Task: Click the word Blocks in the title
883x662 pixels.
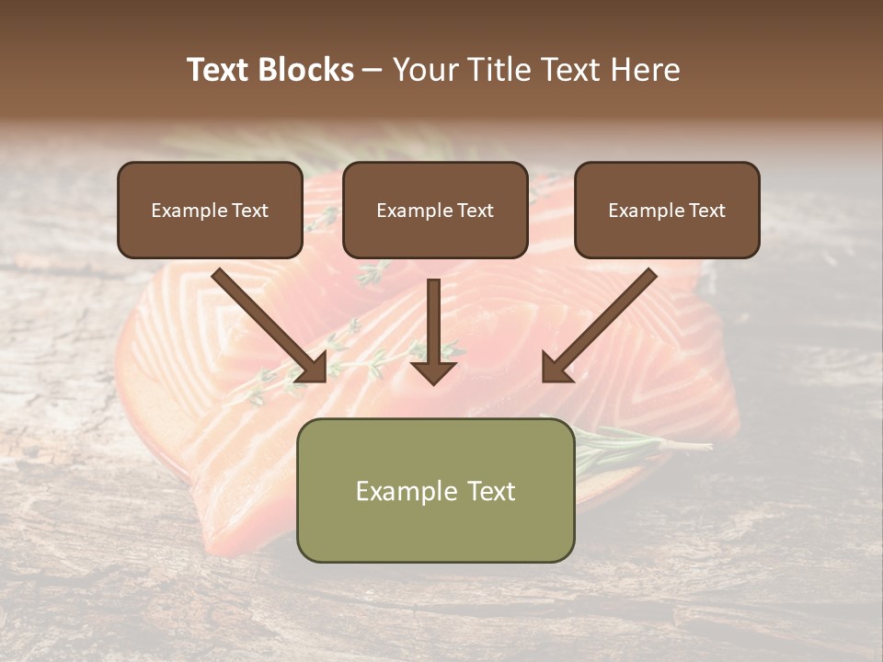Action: [306, 70]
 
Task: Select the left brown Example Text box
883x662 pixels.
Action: [210, 211]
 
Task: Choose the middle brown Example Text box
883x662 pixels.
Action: [435, 211]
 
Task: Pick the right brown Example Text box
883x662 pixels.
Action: [667, 211]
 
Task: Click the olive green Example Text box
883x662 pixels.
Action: [435, 490]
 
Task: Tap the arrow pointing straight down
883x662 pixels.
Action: [433, 326]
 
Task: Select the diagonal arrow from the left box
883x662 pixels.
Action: [267, 322]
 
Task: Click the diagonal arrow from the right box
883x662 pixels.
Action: [602, 322]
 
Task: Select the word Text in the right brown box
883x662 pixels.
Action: [707, 211]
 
